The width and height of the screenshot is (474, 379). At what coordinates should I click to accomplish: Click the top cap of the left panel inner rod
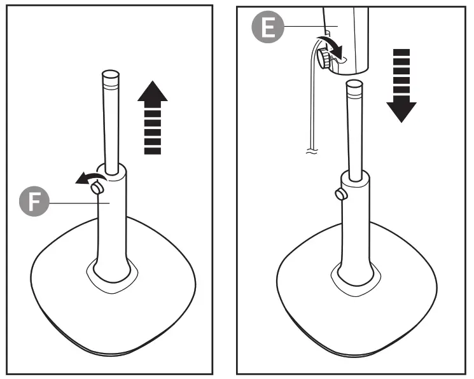click(111, 76)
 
